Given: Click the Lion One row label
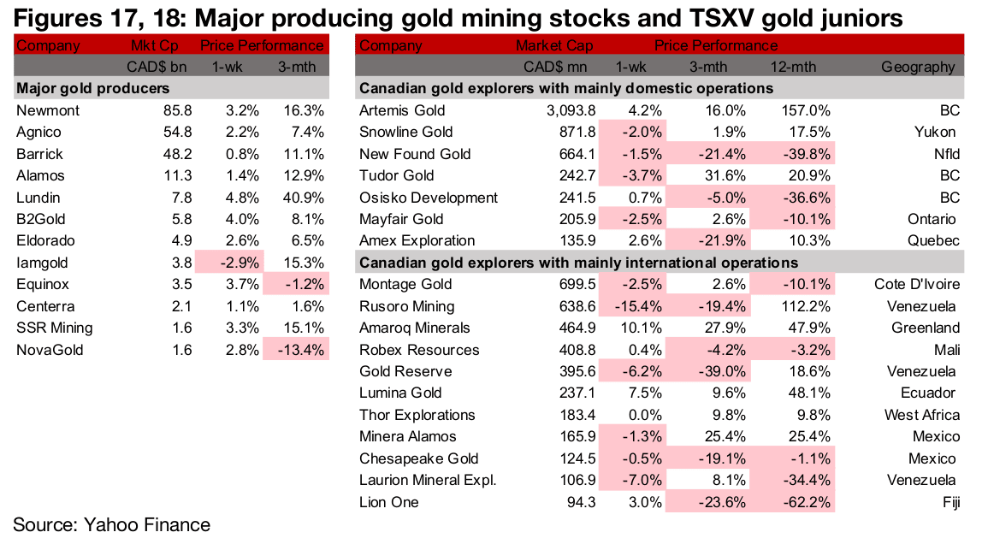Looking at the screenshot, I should pos(389,502).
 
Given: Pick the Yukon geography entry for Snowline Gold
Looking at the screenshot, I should pos(936,132).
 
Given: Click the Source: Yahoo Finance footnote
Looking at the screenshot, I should pos(111,524).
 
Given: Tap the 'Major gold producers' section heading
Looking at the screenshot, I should pos(92,88).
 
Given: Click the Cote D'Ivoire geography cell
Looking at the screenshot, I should pos(917,284).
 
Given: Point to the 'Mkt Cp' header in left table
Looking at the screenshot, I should pos(153,45).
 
